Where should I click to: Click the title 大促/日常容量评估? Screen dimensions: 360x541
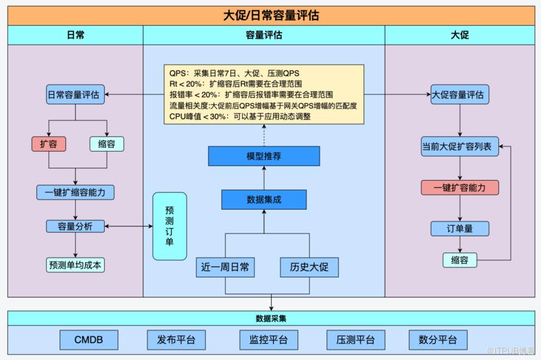tap(270, 15)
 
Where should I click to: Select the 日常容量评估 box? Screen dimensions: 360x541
tap(75, 95)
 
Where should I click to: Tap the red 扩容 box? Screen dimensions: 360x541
tap(49, 144)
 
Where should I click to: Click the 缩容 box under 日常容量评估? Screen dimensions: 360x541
tap(107, 144)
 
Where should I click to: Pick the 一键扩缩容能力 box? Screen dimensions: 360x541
tap(75, 193)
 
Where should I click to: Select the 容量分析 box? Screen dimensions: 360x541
tap(75, 226)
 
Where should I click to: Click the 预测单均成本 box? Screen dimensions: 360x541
tap(75, 265)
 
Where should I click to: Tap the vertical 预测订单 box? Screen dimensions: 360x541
tap(170, 226)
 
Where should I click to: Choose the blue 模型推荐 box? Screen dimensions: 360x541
tap(264, 156)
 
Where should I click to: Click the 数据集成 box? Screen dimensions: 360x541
tap(264, 199)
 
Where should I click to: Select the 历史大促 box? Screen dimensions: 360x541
tap(309, 268)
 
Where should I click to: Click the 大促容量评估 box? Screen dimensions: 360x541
tap(460, 95)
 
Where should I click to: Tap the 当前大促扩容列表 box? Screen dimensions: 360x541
tap(460, 147)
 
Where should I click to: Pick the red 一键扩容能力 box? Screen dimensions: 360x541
tap(460, 187)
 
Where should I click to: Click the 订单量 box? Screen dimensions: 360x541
tap(460, 229)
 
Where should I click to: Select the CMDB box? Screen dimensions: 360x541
tap(89, 340)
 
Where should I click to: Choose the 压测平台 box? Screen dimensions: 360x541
tap(356, 340)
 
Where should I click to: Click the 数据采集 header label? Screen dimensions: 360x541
tap(270, 318)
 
